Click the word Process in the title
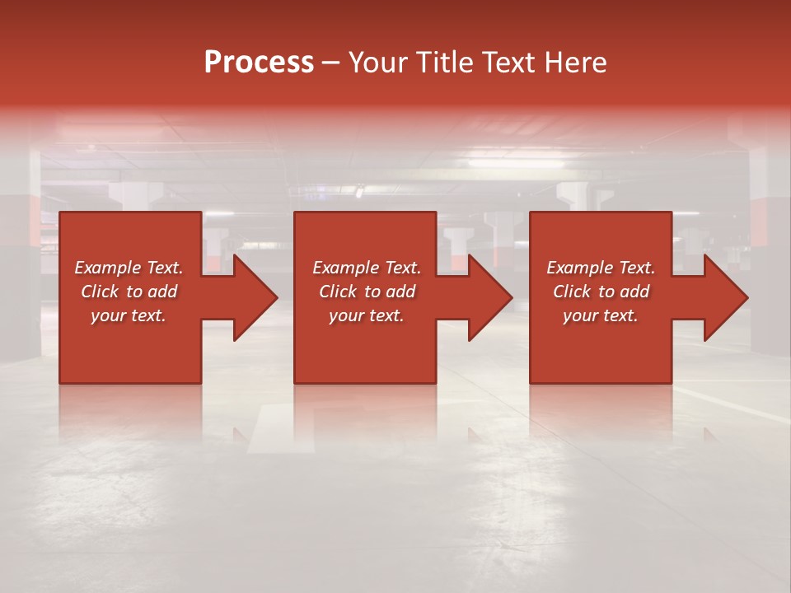click(259, 63)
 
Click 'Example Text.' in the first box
click(129, 268)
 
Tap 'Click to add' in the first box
click(129, 292)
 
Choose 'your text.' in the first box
click(129, 315)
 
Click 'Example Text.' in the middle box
click(367, 268)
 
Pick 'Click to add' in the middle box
click(367, 292)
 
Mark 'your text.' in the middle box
click(367, 315)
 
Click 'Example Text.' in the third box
click(601, 268)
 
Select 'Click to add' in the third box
click(601, 292)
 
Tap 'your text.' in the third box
click(601, 315)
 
